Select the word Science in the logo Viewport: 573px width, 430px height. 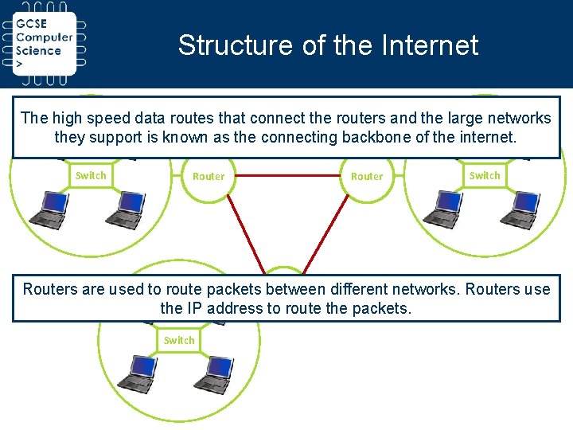(x=38, y=50)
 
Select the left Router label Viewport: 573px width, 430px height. (x=209, y=176)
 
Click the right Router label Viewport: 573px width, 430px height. (x=367, y=176)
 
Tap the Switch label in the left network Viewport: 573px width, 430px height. (x=91, y=175)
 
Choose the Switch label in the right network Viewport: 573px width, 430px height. (x=485, y=175)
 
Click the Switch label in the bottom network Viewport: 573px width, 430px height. (x=179, y=340)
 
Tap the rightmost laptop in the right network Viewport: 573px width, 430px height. (x=521, y=209)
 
